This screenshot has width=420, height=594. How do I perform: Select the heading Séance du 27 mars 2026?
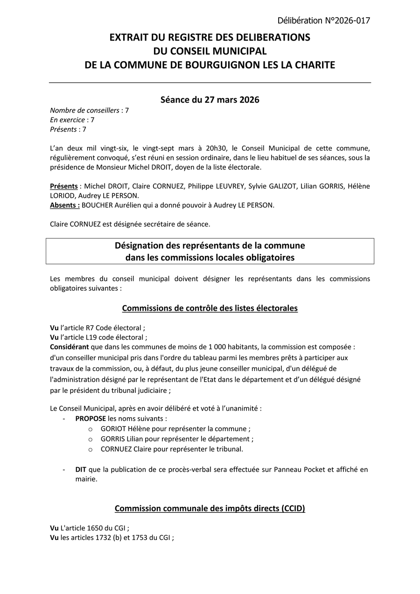tap(210, 100)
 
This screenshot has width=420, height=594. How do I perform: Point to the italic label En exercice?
tap(67, 120)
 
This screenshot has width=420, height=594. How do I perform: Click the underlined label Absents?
tap(64, 205)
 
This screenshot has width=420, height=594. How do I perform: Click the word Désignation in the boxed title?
tap(140, 245)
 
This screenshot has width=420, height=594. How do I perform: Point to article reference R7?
tap(90, 328)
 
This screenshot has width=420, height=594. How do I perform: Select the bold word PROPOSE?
tap(91, 419)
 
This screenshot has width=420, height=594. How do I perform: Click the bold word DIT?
tap(81, 469)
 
